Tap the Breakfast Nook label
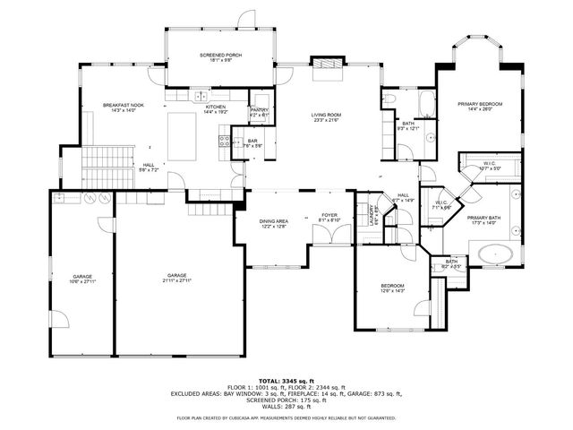(124, 107)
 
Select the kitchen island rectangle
(181, 135)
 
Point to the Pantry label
(259, 112)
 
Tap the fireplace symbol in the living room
(326, 64)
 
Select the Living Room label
(327, 117)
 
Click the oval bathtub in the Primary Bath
(495, 254)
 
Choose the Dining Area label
(273, 223)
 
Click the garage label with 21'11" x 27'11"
(176, 278)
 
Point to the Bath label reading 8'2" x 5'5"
(450, 264)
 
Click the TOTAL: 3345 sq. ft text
(286, 382)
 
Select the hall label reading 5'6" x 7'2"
(148, 167)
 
